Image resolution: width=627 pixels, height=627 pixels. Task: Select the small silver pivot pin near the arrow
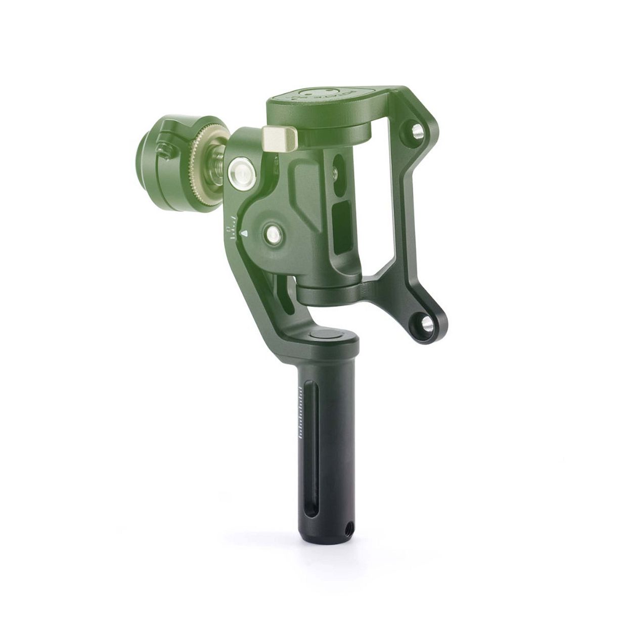click(274, 233)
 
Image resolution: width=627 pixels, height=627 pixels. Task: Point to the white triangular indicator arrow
click(245, 233)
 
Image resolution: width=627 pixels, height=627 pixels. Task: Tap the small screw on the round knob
click(164, 150)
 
